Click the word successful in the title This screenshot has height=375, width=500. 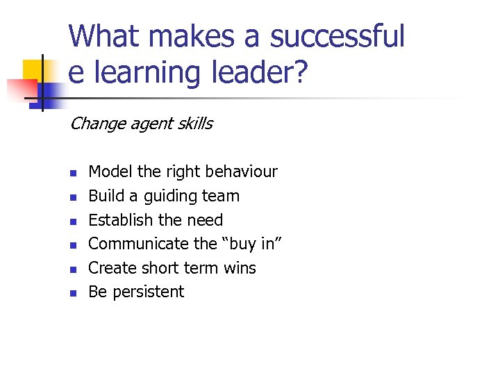coord(337,36)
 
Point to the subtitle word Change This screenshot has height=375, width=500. coord(94,124)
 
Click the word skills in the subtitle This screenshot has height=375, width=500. coord(194,124)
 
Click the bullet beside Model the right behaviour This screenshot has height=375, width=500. coord(72,172)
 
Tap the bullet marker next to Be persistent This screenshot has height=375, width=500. coord(72,292)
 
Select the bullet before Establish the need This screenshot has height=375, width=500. coord(72,221)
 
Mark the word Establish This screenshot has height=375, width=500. coord(121,220)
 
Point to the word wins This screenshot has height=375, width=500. coord(240,268)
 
